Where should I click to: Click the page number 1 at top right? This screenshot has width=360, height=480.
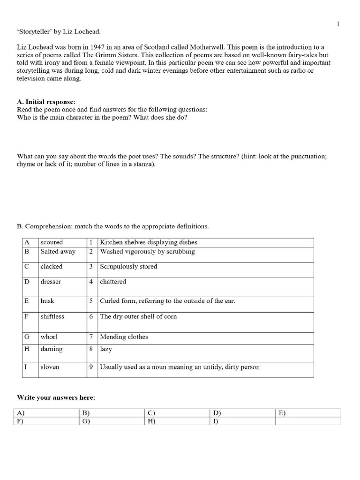tap(338, 24)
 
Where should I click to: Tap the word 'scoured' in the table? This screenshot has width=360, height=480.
tap(52, 242)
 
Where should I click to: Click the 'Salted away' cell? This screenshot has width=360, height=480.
tap(58, 251)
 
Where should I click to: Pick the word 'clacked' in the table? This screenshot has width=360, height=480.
tap(51, 266)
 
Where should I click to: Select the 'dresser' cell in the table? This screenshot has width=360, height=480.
tap(51, 282)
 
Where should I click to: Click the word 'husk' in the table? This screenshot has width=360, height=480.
tap(47, 301)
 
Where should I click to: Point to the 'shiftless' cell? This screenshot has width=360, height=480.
tap(52, 316)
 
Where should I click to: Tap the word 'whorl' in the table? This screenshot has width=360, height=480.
tap(49, 337)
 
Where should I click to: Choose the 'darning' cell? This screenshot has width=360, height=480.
tap(51, 349)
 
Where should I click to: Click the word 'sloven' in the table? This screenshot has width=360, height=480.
tap(50, 367)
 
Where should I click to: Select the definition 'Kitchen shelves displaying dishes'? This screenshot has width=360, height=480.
tap(149, 242)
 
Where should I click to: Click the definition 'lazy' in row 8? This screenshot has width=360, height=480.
tap(106, 349)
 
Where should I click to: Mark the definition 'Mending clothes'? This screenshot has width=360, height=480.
tap(124, 337)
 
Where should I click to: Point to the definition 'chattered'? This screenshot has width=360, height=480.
tap(113, 282)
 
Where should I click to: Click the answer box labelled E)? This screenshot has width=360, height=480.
tap(307, 413)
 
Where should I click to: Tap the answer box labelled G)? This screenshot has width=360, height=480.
tap(111, 421)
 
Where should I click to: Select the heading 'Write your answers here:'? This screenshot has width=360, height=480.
tap(56, 397)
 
